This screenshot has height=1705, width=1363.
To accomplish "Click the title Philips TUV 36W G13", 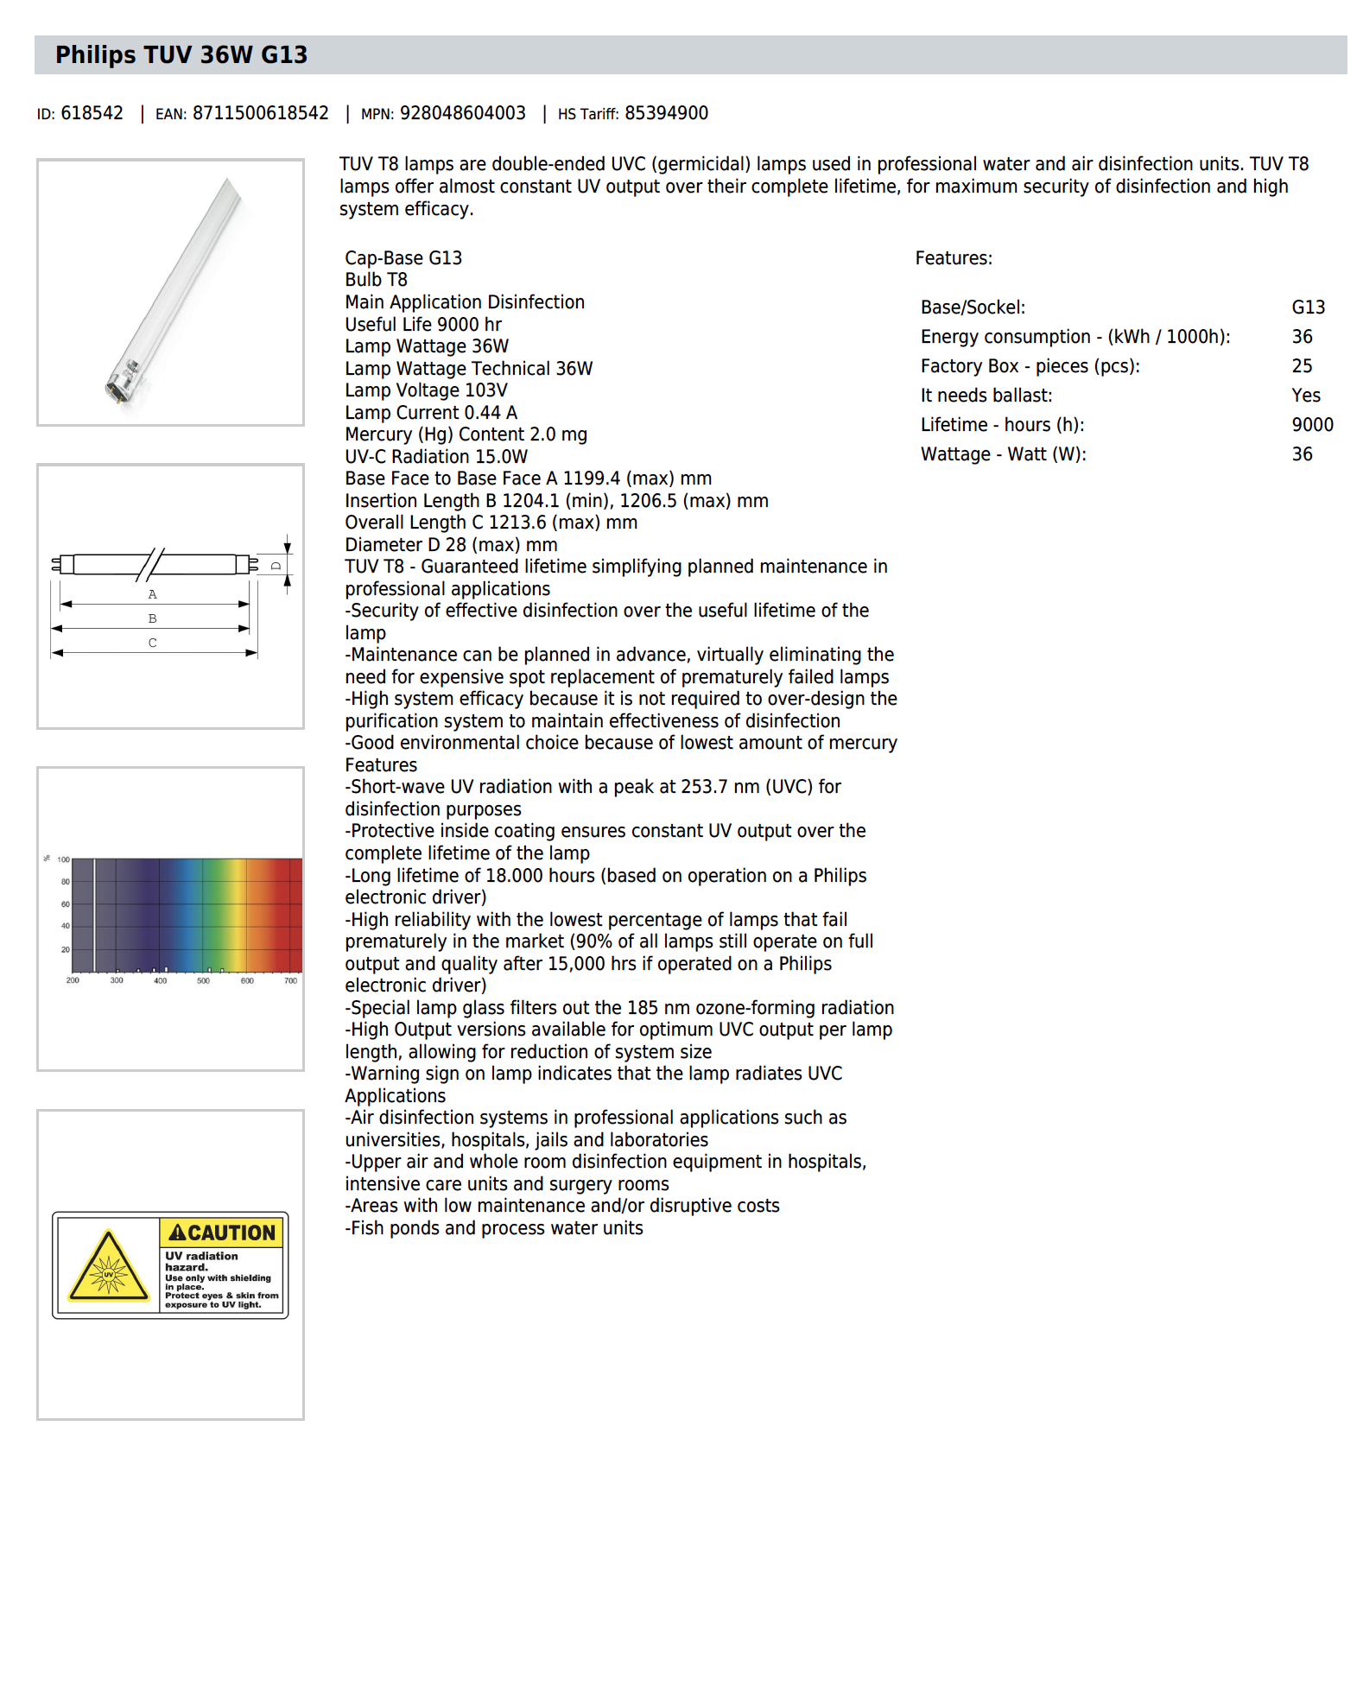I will pos(181,55).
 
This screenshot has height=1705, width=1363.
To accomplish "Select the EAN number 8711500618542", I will pos(260,113).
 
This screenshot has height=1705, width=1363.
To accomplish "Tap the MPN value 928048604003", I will pos(462,113).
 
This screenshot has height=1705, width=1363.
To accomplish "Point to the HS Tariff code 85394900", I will pos(666,113).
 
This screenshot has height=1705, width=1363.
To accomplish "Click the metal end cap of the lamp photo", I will pos(120,383).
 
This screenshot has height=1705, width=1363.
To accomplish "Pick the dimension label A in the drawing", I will pos(152,594).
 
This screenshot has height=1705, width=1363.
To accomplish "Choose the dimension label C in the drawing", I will pos(152,643).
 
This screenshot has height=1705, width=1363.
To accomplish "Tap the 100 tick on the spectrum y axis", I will pos(63,859).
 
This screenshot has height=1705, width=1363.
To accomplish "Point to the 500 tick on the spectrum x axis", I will pos(203,980).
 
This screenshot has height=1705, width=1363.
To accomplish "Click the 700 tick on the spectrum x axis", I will pos(291,980).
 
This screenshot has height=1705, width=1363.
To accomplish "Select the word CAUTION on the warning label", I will pos(231,1233).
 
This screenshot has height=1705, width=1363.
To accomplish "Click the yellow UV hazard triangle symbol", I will pos(108,1268).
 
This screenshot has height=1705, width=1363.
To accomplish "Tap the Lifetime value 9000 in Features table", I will pos(1312,425).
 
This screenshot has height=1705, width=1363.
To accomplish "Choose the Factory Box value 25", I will pos(1302,366).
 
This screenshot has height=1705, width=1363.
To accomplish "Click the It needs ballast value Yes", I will pos(1306,396).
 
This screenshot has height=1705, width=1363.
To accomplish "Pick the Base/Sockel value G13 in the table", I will pos(1308,307).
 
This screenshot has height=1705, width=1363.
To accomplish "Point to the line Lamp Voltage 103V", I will pos(426,390).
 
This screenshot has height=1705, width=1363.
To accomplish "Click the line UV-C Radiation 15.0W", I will pos(436,457).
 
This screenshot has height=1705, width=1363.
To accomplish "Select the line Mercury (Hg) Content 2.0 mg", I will pos(466,434).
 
